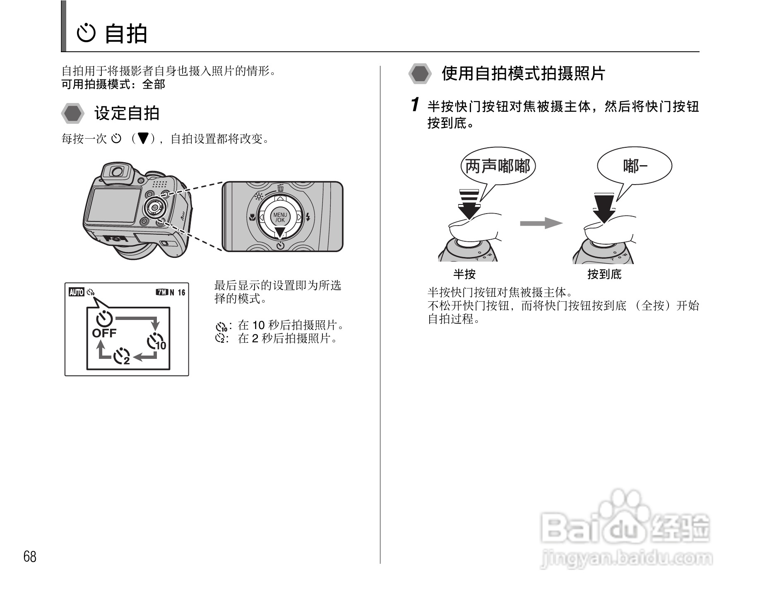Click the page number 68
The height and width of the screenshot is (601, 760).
[30, 556]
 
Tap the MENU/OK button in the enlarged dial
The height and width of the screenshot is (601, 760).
[280, 217]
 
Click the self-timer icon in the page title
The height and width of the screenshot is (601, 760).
[87, 34]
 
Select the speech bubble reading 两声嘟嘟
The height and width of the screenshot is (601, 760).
[498, 166]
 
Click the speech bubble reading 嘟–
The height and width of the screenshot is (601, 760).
[634, 166]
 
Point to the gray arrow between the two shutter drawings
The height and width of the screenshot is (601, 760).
[541, 223]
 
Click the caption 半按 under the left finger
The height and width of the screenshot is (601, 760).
[464, 274]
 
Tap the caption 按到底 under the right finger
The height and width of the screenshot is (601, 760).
[604, 274]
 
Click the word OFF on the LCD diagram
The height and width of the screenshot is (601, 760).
[104, 333]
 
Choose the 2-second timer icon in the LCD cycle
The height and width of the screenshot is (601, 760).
[122, 356]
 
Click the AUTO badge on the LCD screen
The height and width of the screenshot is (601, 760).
[76, 292]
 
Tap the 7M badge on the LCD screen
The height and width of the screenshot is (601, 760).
[161, 292]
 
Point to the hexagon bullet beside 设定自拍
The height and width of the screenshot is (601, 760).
[73, 113]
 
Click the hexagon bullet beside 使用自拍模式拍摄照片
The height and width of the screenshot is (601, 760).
[420, 74]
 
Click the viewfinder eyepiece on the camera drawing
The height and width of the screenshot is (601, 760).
[117, 172]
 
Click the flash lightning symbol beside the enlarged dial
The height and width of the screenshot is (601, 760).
[308, 216]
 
